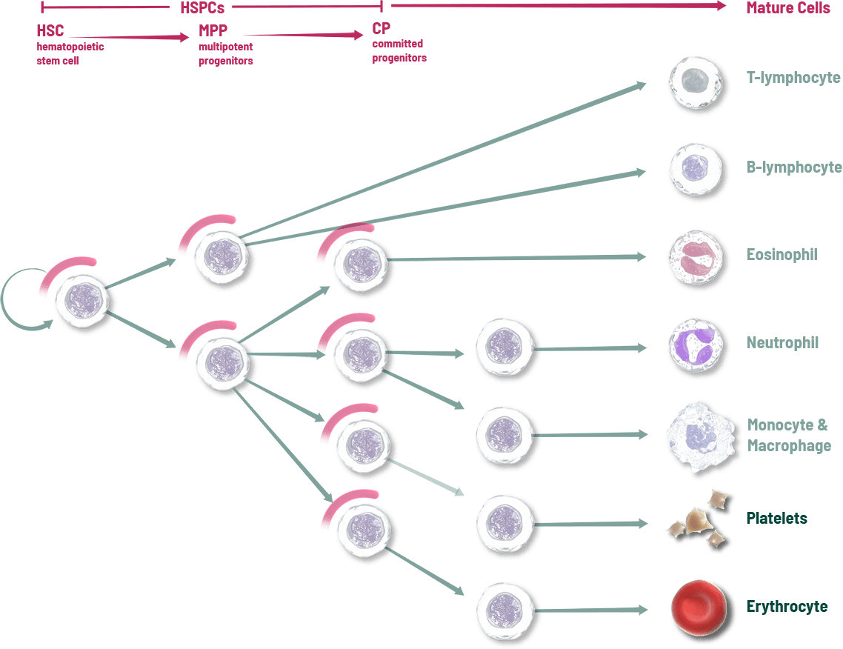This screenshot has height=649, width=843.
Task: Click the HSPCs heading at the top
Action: point(202,8)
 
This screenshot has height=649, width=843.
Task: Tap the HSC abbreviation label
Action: point(50,32)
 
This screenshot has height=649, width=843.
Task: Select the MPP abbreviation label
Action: point(213,32)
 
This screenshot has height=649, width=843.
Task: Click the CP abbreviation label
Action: point(381,30)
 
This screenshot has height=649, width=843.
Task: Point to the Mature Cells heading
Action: point(788,8)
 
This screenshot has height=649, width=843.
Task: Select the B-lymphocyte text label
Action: point(794,167)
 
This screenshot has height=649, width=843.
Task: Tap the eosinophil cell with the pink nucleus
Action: point(695,257)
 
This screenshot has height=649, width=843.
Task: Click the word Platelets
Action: point(776,519)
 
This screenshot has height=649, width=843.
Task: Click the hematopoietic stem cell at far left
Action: point(83,299)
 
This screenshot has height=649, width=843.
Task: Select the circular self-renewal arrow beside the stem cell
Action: point(16,300)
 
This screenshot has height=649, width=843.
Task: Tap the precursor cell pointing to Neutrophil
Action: point(504,346)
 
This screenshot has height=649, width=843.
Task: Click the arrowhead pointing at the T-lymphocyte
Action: point(640,85)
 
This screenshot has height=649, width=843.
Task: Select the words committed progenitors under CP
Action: point(399,50)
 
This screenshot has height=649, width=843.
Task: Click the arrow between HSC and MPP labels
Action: point(130,36)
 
